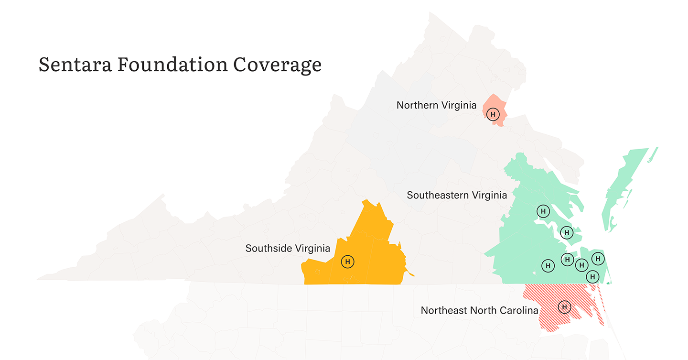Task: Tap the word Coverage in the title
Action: (x=277, y=65)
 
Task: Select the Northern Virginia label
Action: (x=436, y=105)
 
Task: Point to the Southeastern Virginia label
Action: (x=457, y=195)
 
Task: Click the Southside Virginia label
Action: (x=288, y=249)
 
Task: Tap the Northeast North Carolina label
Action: (x=479, y=311)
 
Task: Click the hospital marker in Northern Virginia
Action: (x=494, y=114)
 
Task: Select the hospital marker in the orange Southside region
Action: (x=348, y=262)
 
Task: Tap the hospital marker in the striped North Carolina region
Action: (x=564, y=306)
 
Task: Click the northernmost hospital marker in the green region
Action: (x=543, y=211)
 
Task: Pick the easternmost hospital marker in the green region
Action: (x=598, y=259)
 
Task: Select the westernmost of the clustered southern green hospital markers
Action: (x=548, y=265)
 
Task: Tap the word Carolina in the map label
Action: (x=518, y=311)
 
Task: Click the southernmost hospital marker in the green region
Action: (x=592, y=276)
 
